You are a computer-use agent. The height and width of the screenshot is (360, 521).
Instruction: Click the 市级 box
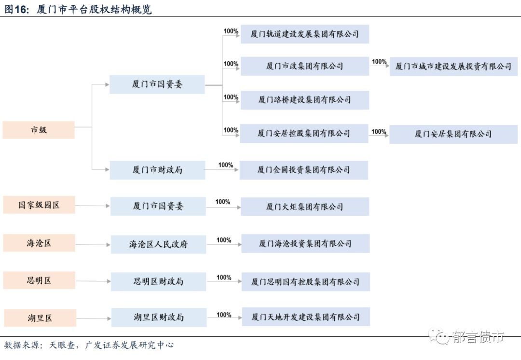pos(39,130)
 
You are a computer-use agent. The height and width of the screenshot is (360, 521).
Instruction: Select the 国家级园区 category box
pos(39,205)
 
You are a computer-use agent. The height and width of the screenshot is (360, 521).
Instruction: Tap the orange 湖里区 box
pos(40,318)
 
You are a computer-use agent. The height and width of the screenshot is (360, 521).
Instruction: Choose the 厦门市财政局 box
pos(157,170)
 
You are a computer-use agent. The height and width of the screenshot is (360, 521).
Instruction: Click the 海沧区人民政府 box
pos(158,244)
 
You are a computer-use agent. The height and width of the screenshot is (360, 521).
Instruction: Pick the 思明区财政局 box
pos(158,281)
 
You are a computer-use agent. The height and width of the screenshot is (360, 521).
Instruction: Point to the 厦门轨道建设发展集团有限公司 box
pos(305,34)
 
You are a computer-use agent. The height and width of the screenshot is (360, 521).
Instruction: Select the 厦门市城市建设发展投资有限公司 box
pos(453,67)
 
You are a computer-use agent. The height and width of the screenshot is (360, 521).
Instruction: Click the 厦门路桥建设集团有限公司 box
pos(305,100)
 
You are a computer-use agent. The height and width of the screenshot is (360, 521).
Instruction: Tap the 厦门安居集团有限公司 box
pos(453,134)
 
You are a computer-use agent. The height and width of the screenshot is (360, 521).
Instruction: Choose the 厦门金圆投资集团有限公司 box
pos(304,170)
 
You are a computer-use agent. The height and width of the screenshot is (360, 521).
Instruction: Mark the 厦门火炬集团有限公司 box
pos(305,207)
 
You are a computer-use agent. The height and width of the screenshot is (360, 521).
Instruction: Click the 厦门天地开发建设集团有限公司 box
pos(306,317)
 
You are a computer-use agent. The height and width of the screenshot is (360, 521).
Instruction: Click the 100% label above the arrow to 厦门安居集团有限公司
pos(379,132)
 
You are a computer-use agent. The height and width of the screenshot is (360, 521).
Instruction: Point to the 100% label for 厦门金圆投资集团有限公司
pos(226,165)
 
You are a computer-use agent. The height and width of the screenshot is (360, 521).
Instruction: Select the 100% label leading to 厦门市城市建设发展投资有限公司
pos(379,62)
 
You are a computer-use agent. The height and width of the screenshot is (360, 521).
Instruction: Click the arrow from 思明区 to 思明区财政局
pos(93,281)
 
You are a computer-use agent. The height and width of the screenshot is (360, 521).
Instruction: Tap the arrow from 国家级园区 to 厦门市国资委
pos(93,206)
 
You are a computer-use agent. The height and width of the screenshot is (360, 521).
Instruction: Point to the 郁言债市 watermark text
pos(478,337)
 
